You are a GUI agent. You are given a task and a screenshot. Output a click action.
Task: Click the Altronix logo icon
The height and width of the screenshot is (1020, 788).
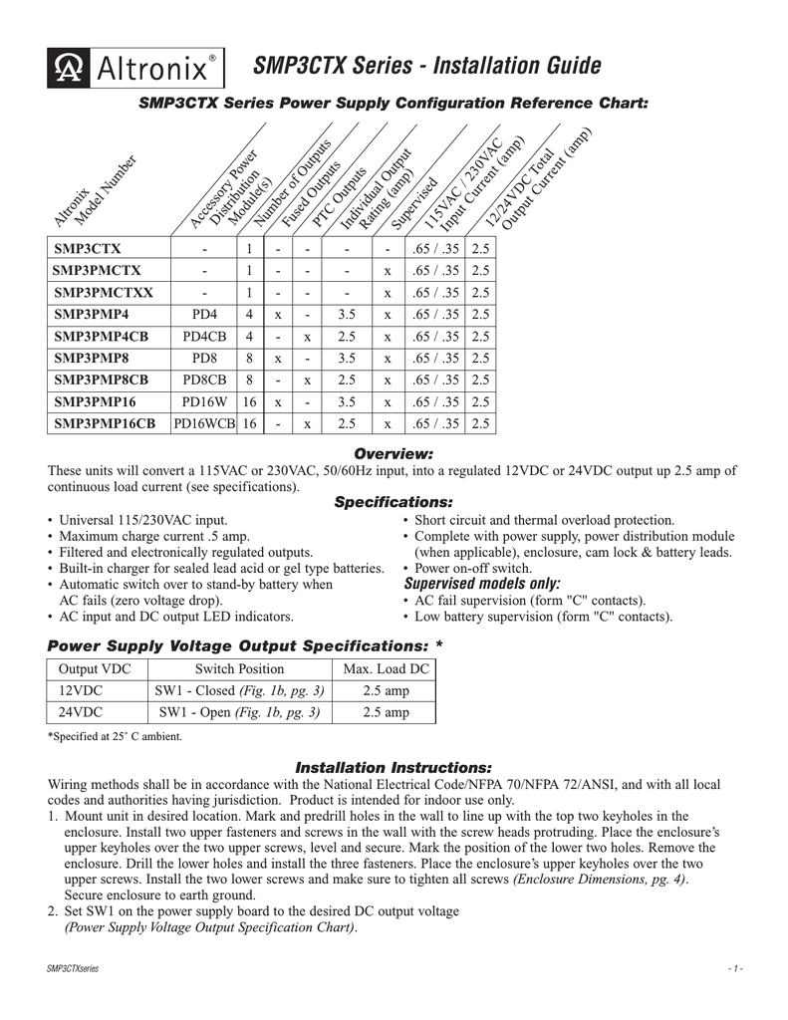coord(69,69)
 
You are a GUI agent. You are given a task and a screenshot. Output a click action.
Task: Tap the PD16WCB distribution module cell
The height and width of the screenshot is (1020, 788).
coord(203,424)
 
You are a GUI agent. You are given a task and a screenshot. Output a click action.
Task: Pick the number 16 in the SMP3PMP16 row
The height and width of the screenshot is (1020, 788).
coord(248,402)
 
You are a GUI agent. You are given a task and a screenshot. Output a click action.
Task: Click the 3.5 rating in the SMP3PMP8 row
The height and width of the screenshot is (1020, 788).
coord(347,359)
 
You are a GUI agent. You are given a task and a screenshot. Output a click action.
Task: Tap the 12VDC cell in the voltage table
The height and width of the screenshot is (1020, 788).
coord(82,690)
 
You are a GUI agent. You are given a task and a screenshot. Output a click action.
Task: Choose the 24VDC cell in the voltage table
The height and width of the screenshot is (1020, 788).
coord(82,712)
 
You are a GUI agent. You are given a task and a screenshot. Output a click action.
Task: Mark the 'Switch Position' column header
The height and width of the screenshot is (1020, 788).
coord(239,668)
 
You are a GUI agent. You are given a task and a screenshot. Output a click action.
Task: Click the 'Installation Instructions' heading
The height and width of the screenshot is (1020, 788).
coord(394,768)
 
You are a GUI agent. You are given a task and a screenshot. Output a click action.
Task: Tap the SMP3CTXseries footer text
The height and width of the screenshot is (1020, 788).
coord(72,968)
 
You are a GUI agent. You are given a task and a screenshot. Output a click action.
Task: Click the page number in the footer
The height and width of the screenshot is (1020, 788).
coord(734,968)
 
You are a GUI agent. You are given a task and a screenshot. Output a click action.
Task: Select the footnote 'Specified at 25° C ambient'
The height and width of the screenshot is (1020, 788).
coord(115,737)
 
